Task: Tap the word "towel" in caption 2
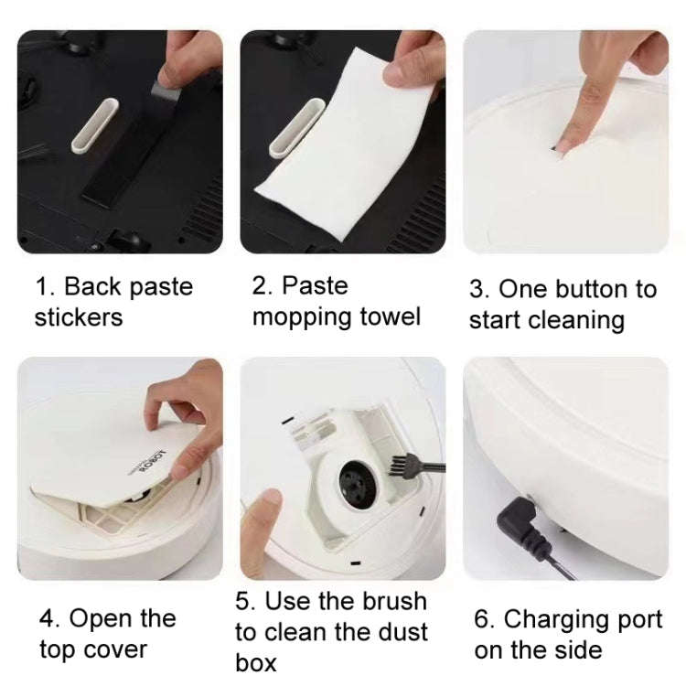coord(387,317)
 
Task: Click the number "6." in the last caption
coord(484,619)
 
